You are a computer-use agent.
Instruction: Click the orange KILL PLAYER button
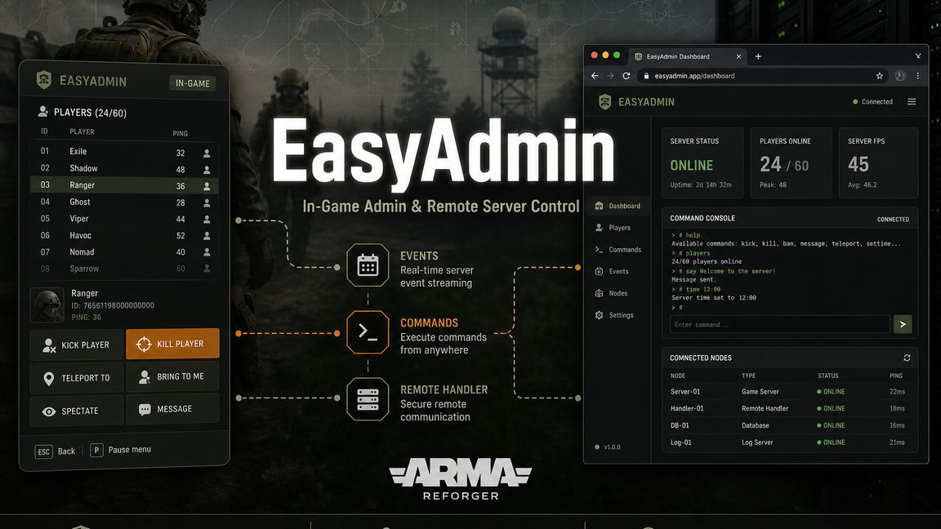(x=173, y=344)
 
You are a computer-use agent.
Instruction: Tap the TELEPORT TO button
(x=77, y=378)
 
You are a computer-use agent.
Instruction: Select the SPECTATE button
(x=77, y=411)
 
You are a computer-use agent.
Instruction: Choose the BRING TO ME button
(x=173, y=376)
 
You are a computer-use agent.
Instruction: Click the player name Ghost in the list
(x=80, y=202)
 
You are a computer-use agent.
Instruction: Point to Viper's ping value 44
(x=181, y=219)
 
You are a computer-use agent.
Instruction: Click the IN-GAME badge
(x=193, y=83)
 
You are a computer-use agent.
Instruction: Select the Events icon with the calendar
(x=368, y=265)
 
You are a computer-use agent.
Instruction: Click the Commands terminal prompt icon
(x=368, y=332)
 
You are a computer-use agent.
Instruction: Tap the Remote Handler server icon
(x=368, y=399)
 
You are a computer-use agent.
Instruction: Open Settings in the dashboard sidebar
(x=614, y=315)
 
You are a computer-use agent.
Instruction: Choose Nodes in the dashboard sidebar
(x=612, y=293)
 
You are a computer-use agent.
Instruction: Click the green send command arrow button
(x=903, y=324)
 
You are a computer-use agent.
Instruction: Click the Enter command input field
(x=779, y=324)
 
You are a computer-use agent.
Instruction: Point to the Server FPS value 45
(x=858, y=164)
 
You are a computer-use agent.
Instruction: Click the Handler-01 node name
(x=687, y=408)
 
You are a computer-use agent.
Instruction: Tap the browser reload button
(x=626, y=76)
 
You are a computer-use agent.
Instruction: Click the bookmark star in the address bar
(x=879, y=76)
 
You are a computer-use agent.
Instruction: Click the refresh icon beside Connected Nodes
(x=907, y=358)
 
